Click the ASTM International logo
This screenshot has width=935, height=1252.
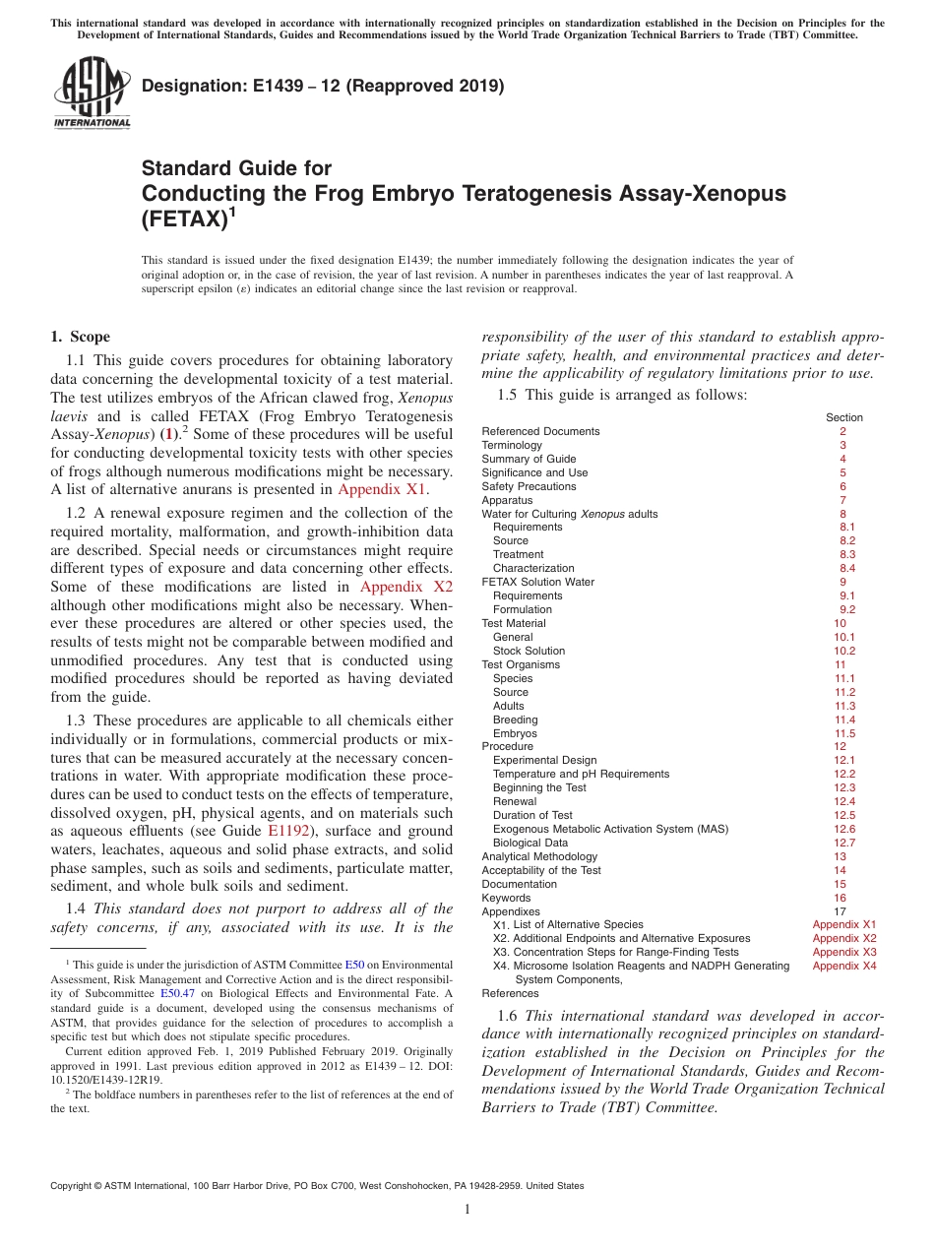(92, 94)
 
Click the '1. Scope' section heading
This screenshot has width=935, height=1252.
(80, 337)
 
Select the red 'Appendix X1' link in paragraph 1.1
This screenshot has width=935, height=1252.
(383, 489)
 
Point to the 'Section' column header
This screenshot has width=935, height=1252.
(843, 417)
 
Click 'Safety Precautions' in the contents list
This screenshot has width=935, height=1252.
(529, 486)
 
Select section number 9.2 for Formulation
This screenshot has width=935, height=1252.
(846, 609)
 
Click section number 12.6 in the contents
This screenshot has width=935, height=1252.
(844, 829)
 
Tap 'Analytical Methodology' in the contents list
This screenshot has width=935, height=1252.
(539, 856)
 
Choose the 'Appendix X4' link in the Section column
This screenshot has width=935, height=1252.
(843, 966)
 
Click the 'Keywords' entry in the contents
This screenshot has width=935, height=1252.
(506, 898)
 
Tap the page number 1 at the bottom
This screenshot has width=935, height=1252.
(467, 1210)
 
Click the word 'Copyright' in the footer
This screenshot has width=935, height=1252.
(72, 1186)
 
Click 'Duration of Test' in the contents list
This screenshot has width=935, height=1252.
(532, 815)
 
